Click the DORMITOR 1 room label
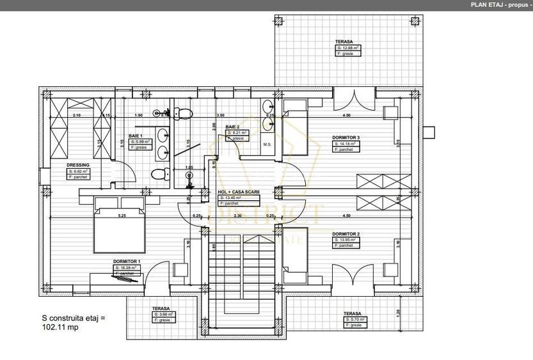click(127, 262)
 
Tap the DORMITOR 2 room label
click(346, 234)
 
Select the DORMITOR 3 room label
click(346, 137)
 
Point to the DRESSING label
click(78, 164)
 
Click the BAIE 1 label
click(136, 136)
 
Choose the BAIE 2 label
click(232, 127)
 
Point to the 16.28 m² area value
click(127, 268)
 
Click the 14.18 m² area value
click(346, 144)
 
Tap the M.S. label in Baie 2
click(267, 145)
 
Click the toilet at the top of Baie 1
click(182, 114)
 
